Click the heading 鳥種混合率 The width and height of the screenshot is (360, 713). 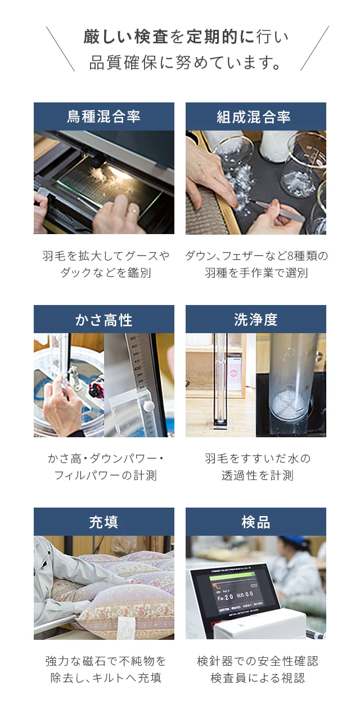[x=103, y=116]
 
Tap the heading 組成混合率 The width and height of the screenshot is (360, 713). [x=254, y=116]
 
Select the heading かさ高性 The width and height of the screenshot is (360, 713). [x=103, y=320]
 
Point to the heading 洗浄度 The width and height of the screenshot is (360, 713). [x=255, y=320]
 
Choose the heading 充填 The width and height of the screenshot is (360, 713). [x=103, y=522]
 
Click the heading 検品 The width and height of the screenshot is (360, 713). [x=255, y=522]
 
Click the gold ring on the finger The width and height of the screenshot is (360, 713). [x=134, y=210]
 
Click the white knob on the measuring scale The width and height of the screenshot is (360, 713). [x=148, y=406]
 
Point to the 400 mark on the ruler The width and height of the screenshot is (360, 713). [x=137, y=368]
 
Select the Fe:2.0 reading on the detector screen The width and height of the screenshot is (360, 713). [x=225, y=598]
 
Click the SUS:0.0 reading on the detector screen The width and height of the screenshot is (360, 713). [x=245, y=595]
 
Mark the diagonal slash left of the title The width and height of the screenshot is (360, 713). [x=61, y=49]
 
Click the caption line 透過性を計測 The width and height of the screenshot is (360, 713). [x=257, y=476]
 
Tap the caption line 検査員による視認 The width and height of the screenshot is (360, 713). [x=257, y=678]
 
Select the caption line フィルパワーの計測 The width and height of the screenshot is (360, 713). [x=105, y=476]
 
